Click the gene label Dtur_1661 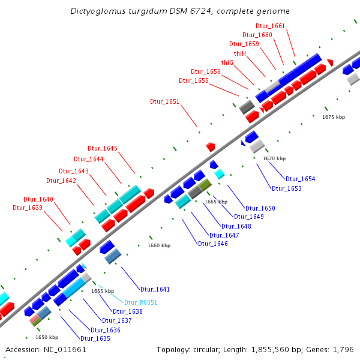click(270, 26)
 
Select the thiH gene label click(240, 53)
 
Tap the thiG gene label click(227, 62)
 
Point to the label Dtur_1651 click(164, 102)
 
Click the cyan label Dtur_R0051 click(140, 302)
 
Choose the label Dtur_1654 click(300, 179)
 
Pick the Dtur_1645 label click(103, 148)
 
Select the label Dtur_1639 click(28, 208)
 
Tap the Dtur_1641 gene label click(155, 289)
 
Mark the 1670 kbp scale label click(274, 158)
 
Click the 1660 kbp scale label click(159, 245)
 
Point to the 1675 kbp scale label click(334, 117)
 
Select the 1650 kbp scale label click(47, 337)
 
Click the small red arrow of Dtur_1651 click(210, 146)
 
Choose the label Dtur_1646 click(212, 244)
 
